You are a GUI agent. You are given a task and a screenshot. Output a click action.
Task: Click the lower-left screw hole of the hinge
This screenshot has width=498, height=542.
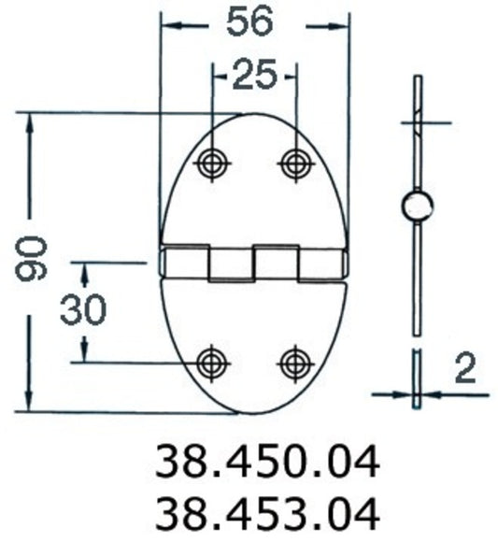[213, 361]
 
